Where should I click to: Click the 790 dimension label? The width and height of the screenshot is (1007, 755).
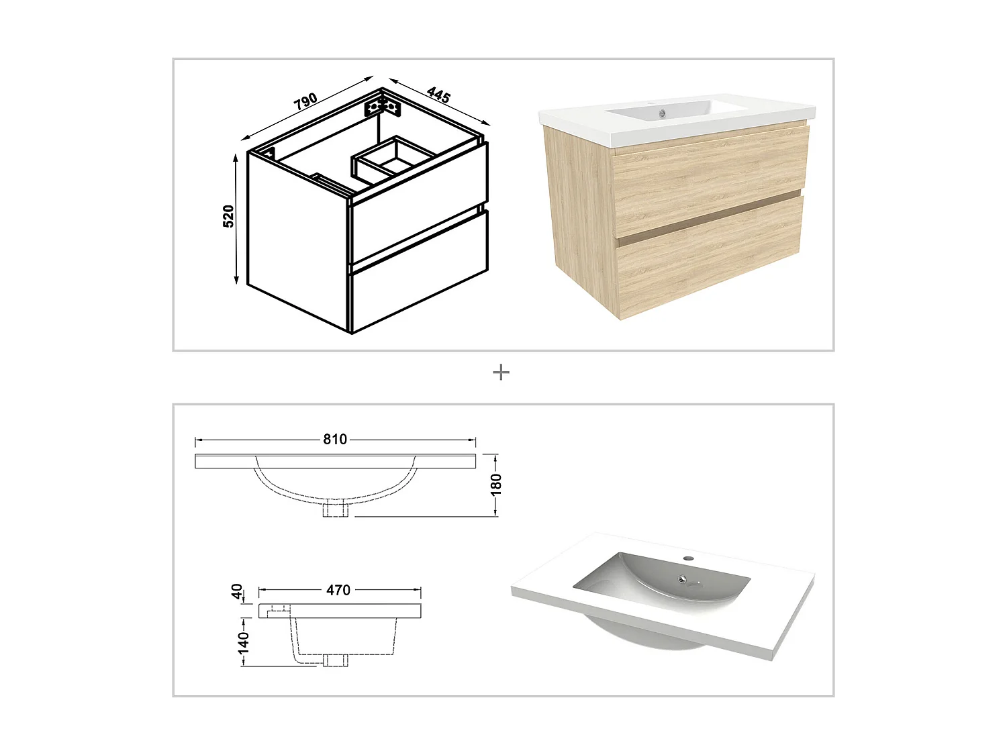305,101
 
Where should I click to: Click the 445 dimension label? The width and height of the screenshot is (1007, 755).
438,95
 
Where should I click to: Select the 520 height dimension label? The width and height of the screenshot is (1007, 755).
228,216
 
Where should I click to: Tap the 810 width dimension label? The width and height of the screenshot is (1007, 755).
335,440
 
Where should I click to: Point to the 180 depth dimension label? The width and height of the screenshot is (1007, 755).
496,484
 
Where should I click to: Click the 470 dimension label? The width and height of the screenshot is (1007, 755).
338,590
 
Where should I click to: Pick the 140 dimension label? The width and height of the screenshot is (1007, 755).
243,642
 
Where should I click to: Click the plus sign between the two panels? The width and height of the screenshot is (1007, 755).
501,372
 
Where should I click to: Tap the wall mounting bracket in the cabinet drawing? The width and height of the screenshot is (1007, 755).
383,107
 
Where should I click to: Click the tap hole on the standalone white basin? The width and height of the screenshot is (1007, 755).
688,558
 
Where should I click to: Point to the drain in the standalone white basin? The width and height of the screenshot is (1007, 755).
682,579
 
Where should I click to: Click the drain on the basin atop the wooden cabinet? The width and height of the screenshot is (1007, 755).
662,114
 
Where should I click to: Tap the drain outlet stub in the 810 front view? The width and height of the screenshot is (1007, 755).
335,509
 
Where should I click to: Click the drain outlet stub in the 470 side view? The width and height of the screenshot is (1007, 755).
335,660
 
